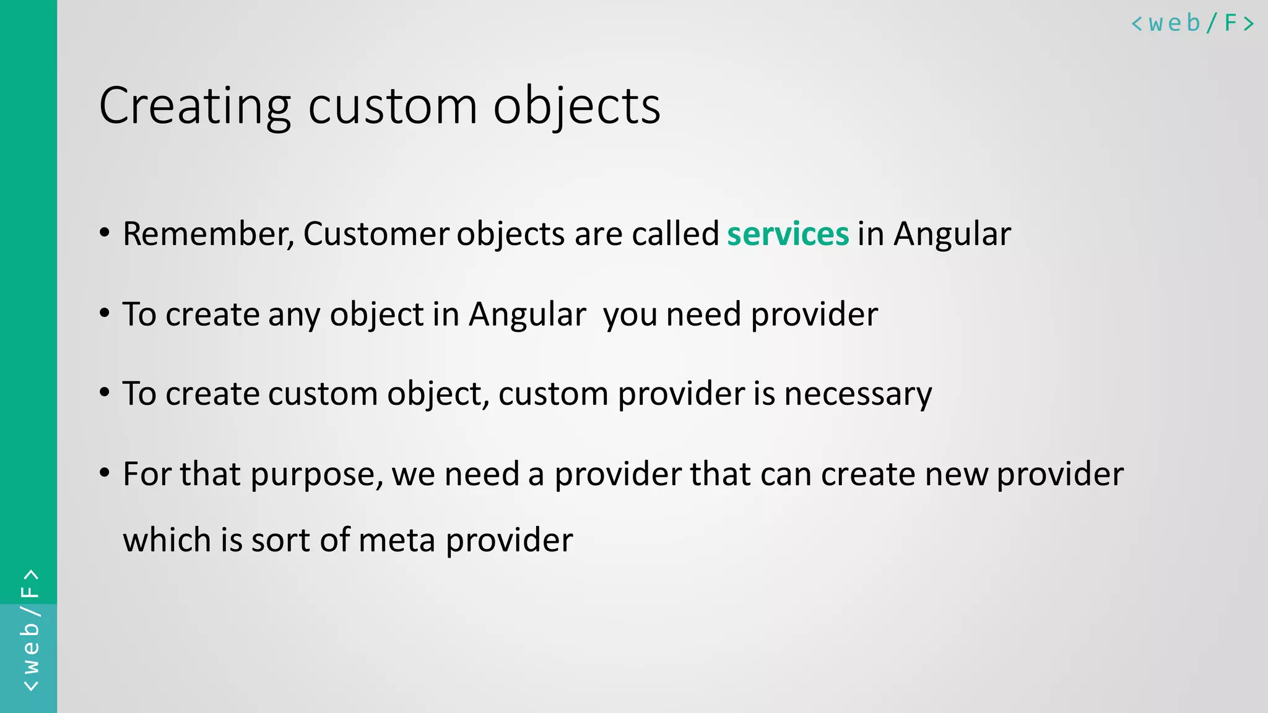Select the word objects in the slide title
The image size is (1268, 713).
coord(576,106)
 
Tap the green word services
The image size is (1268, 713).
coord(788,234)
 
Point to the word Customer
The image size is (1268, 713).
coord(376,234)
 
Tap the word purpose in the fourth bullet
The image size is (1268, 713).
coord(316,475)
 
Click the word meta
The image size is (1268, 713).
coord(397,540)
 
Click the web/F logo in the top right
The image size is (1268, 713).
coord(1192,24)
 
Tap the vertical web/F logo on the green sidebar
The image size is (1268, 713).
coord(30,630)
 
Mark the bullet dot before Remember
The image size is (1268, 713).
coord(105,233)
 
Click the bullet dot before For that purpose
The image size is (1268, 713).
coord(105,473)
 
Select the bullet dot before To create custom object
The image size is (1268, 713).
coord(105,392)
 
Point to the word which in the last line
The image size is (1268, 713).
coord(167,540)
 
